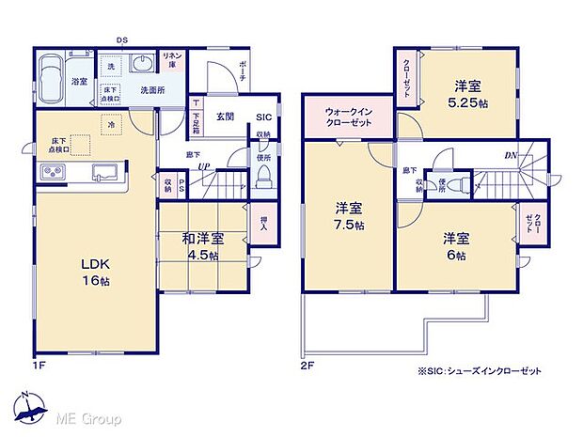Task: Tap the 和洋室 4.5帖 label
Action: click(x=200, y=246)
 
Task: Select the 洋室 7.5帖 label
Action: click(x=347, y=215)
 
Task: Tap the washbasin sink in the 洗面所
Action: click(x=142, y=64)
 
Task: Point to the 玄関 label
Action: click(x=225, y=117)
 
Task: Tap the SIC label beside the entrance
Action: click(x=264, y=117)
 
